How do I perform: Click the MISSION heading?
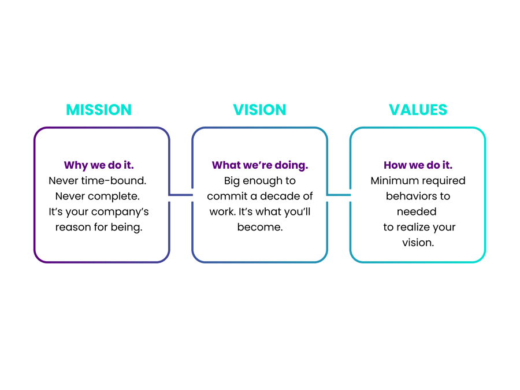click(99, 110)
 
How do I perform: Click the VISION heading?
click(259, 110)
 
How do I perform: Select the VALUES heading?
click(418, 110)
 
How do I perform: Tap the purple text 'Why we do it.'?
click(98, 165)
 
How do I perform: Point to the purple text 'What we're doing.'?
click(260, 165)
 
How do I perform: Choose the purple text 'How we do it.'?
click(418, 165)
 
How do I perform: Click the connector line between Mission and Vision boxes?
click(180, 195)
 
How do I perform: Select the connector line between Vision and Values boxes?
click(339, 195)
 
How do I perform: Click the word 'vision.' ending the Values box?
click(418, 243)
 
